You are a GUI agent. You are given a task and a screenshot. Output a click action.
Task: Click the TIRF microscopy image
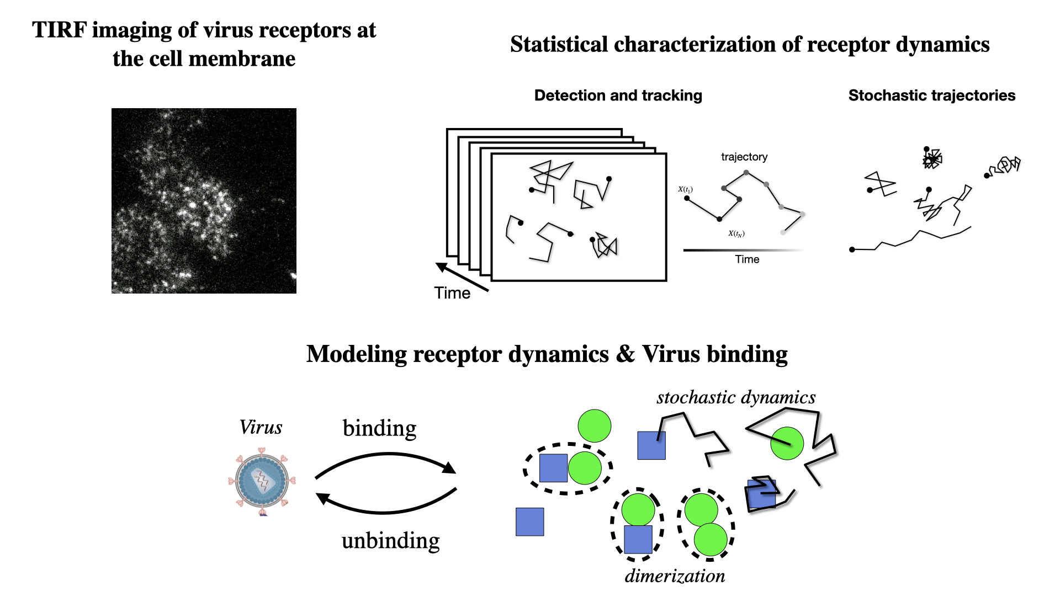click(204, 200)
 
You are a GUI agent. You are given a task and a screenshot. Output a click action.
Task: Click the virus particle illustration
click(262, 482)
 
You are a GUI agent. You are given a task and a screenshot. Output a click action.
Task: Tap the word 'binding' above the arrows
click(379, 428)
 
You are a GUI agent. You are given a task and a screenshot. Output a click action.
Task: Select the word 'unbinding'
click(390, 541)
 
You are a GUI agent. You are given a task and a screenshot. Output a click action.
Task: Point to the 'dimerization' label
click(675, 576)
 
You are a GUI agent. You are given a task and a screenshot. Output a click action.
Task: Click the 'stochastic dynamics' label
click(736, 397)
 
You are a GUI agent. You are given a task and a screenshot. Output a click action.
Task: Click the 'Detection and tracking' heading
click(618, 95)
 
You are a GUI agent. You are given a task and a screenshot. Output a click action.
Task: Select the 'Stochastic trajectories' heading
click(931, 95)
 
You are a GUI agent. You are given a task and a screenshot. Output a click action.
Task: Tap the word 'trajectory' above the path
click(744, 157)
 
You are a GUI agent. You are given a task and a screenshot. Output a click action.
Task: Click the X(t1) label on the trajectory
click(685, 189)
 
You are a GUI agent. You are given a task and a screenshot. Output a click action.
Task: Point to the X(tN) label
click(736, 233)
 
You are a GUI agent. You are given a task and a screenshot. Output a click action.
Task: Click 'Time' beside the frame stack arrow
click(452, 293)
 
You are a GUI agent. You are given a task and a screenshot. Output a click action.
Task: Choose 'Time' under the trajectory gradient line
click(747, 259)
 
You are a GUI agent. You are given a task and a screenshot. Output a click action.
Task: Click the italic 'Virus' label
click(261, 427)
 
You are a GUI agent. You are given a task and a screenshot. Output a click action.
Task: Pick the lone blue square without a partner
click(529, 521)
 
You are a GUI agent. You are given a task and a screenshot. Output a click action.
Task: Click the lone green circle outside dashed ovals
click(594, 425)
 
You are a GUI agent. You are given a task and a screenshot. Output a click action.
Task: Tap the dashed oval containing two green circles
click(706, 524)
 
